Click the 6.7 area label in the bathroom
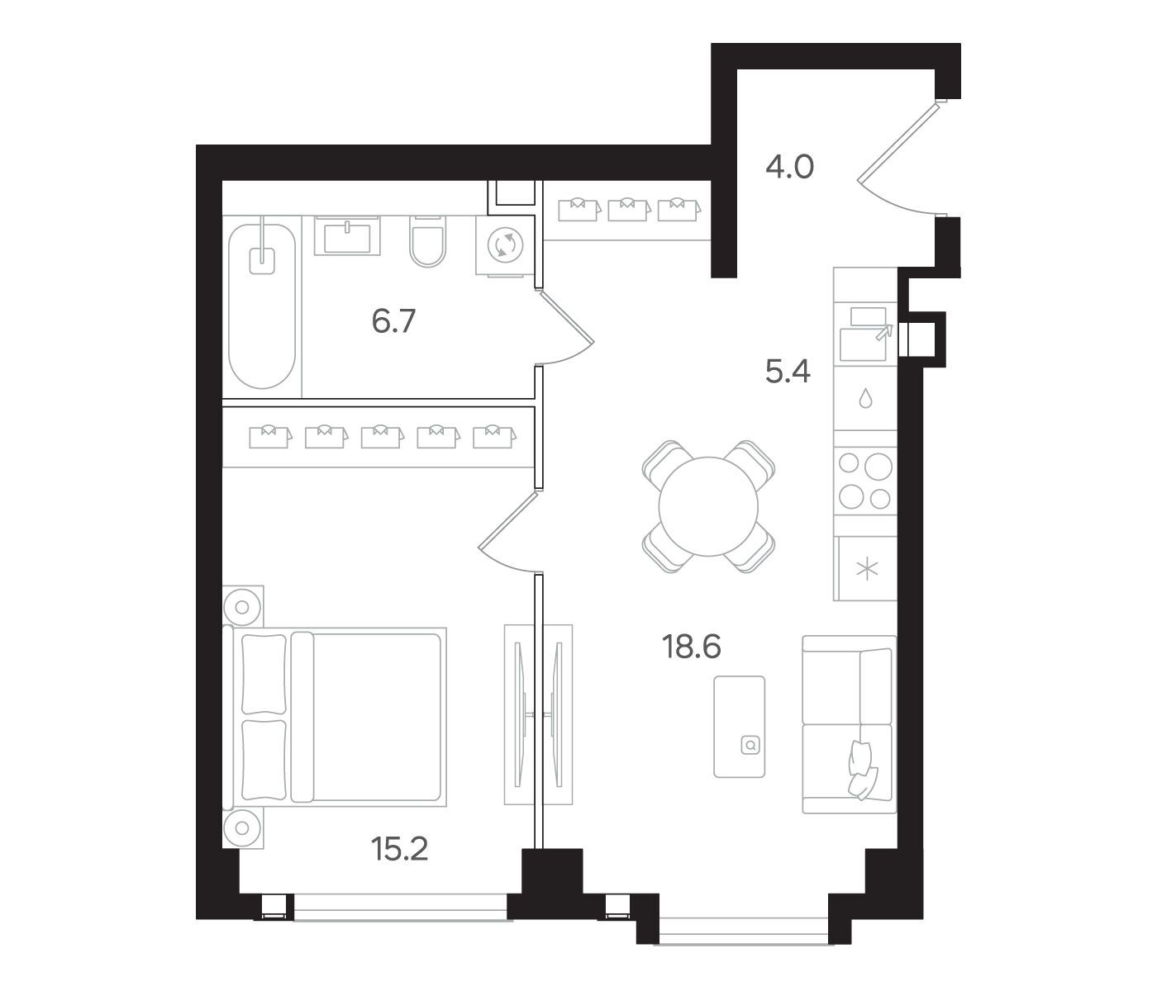click(393, 321)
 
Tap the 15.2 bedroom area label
click(399, 849)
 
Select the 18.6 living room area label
click(691, 647)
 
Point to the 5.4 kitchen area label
click(788, 371)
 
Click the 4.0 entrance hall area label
click(789, 167)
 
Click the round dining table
click(708, 506)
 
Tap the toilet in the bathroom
click(427, 242)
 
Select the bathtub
click(262, 306)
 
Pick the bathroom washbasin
click(347, 236)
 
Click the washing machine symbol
click(505, 245)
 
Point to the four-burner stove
click(864, 481)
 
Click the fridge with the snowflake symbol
click(867, 569)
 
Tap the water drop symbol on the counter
click(866, 398)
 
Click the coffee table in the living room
click(739, 727)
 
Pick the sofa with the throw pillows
click(849, 724)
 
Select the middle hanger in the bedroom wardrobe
click(382, 437)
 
